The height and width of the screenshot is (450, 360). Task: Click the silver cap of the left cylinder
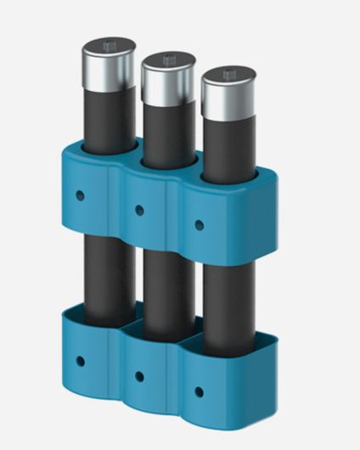[109, 65]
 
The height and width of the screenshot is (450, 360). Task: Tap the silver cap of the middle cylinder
[167, 80]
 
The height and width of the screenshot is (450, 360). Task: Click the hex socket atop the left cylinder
[109, 44]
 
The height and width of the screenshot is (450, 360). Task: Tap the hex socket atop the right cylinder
[228, 74]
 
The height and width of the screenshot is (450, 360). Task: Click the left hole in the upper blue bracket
[80, 194]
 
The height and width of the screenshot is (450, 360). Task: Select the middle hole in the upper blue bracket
[138, 208]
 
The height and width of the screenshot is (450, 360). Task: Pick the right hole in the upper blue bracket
[199, 225]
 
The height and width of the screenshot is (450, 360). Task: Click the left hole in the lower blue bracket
[80, 361]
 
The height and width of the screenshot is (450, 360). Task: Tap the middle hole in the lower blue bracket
[139, 375]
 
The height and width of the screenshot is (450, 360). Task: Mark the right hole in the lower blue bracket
[199, 391]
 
